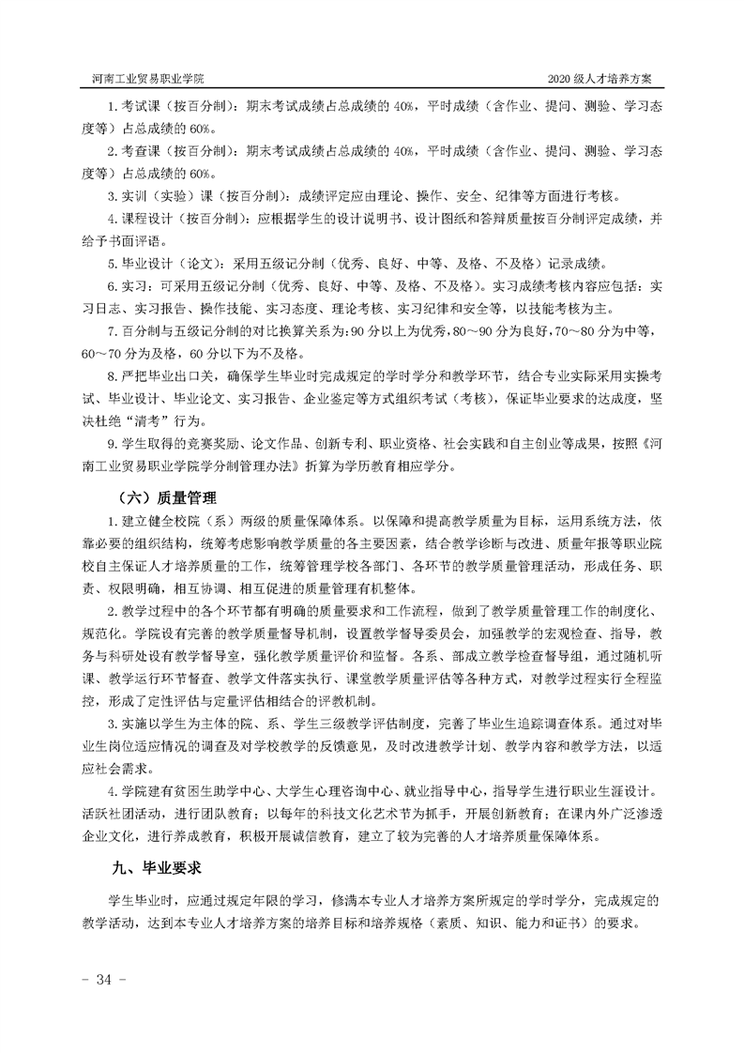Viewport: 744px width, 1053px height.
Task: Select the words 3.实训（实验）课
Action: click(158, 196)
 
